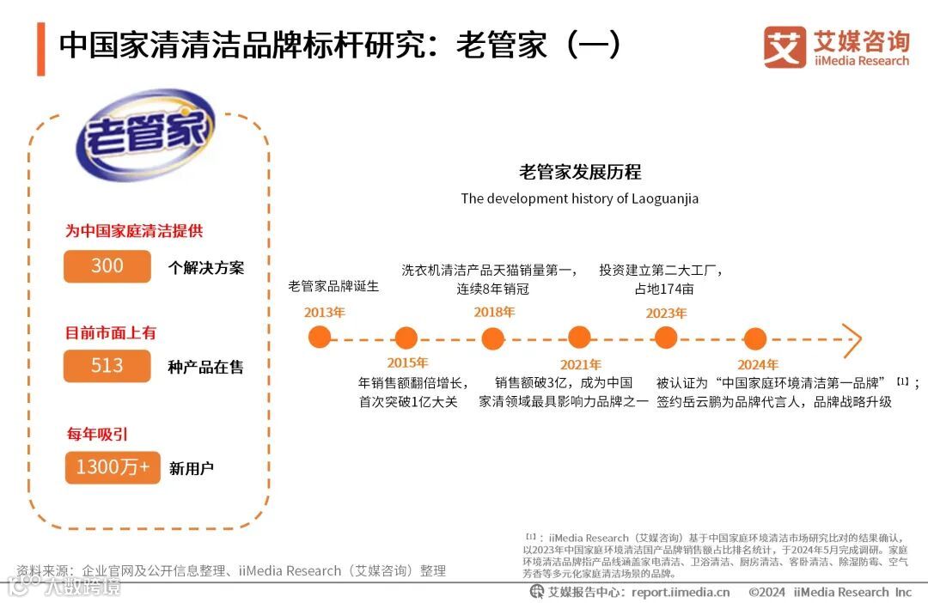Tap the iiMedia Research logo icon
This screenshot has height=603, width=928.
(784, 47)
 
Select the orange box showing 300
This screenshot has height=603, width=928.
(107, 266)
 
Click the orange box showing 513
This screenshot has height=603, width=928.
(107, 366)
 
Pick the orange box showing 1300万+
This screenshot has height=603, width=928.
(113, 467)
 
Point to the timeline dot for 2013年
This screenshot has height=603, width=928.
(320, 338)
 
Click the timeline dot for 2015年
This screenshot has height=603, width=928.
(406, 338)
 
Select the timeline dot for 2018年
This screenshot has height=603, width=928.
(493, 338)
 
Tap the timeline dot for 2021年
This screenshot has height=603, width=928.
(580, 338)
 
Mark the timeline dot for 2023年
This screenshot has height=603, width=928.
(667, 338)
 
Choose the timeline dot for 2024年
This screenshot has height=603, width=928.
(754, 338)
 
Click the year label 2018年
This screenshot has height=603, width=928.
(494, 313)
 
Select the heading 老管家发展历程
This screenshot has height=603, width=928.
(580, 172)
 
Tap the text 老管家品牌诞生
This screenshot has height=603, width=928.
(333, 286)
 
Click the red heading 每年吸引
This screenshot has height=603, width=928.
(97, 434)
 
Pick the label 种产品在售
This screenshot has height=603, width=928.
(205, 367)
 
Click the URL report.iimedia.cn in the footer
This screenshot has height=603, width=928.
(681, 592)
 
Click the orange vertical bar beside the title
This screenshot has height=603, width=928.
(40, 49)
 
